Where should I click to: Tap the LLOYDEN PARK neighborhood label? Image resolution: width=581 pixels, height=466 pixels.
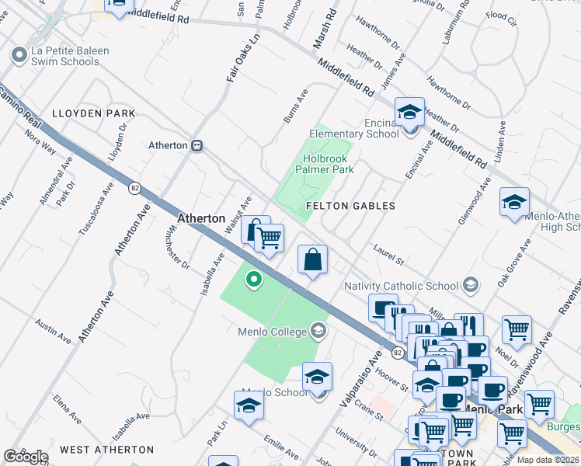click(93, 113)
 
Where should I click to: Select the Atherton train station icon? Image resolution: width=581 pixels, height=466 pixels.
click(197, 145)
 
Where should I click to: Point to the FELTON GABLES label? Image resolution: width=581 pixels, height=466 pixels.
click(350, 206)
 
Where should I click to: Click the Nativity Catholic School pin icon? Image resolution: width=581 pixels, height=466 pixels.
click(469, 285)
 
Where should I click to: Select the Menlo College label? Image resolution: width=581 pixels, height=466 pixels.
click(273, 332)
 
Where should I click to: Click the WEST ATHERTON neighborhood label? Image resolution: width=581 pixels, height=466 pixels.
click(107, 450)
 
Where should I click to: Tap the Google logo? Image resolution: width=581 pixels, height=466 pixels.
click(26, 457)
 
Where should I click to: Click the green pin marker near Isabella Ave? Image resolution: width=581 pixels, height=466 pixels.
click(252, 278)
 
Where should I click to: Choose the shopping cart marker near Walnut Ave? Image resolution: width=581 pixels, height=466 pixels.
click(269, 238)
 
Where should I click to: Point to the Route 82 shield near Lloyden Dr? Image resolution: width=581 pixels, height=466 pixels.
click(134, 188)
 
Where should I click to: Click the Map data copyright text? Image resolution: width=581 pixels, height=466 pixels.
click(548, 459)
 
